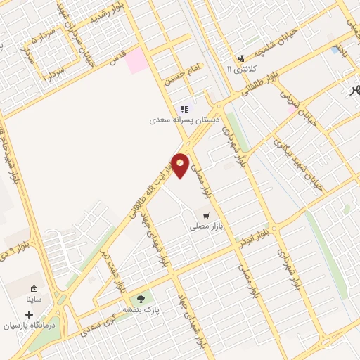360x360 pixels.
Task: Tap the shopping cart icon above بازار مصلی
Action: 205,215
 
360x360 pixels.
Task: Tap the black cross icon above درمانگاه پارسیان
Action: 29,313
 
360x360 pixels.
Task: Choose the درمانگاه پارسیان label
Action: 29,326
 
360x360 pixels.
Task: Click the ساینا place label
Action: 35,300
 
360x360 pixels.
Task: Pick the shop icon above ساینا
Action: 34,288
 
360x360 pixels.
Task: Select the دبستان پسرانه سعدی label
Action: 184,120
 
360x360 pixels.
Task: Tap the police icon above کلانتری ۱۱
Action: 241,58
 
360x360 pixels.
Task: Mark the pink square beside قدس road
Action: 137,61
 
